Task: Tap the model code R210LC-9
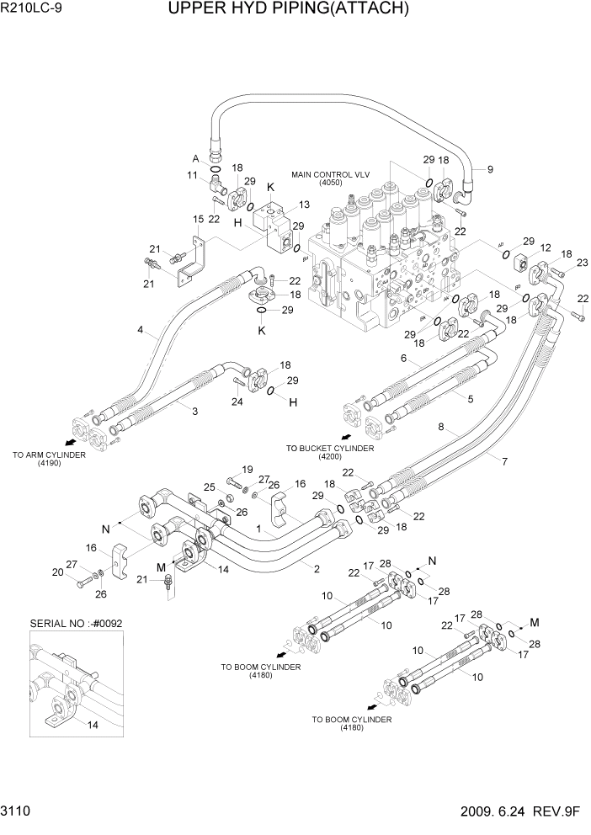click(32, 11)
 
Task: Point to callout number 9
click(491, 169)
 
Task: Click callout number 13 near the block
click(304, 205)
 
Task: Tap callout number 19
click(248, 469)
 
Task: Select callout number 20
click(56, 572)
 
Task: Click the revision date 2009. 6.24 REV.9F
click(521, 812)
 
